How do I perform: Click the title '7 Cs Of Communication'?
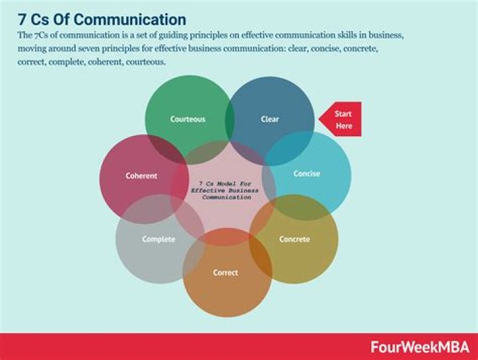102,18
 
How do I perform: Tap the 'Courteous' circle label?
187,120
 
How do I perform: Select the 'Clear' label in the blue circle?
270,120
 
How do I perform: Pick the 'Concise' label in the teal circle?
306,174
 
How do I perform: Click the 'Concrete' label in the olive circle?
294,239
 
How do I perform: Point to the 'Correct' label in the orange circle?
226,273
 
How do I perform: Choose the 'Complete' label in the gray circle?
159,239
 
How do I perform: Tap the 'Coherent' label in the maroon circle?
141,176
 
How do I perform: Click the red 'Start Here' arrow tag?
341,120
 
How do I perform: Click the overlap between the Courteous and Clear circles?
230,120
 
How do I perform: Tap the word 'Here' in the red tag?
344,126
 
